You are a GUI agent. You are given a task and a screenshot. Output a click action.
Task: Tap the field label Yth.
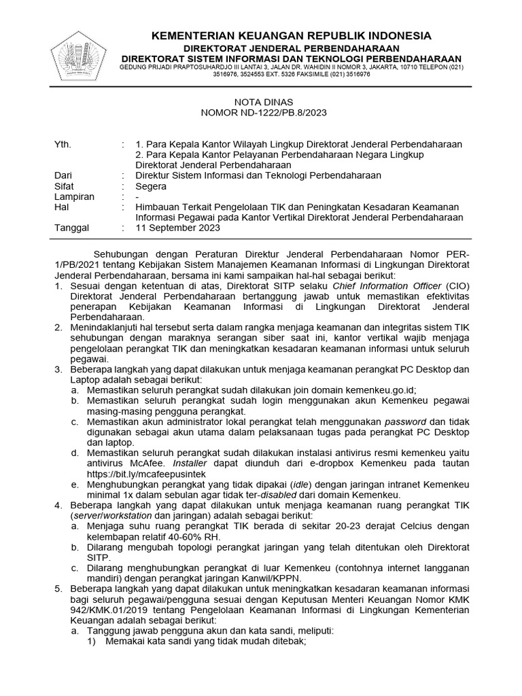(x=62, y=144)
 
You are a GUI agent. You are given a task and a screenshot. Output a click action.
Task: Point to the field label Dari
(x=63, y=175)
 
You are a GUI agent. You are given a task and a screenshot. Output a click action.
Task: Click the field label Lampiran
(x=73, y=196)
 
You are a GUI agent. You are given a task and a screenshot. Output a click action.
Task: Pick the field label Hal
(x=61, y=207)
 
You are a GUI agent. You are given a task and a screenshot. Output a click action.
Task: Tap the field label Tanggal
(x=71, y=228)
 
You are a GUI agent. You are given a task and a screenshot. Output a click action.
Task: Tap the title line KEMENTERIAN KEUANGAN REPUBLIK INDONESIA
(x=290, y=35)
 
